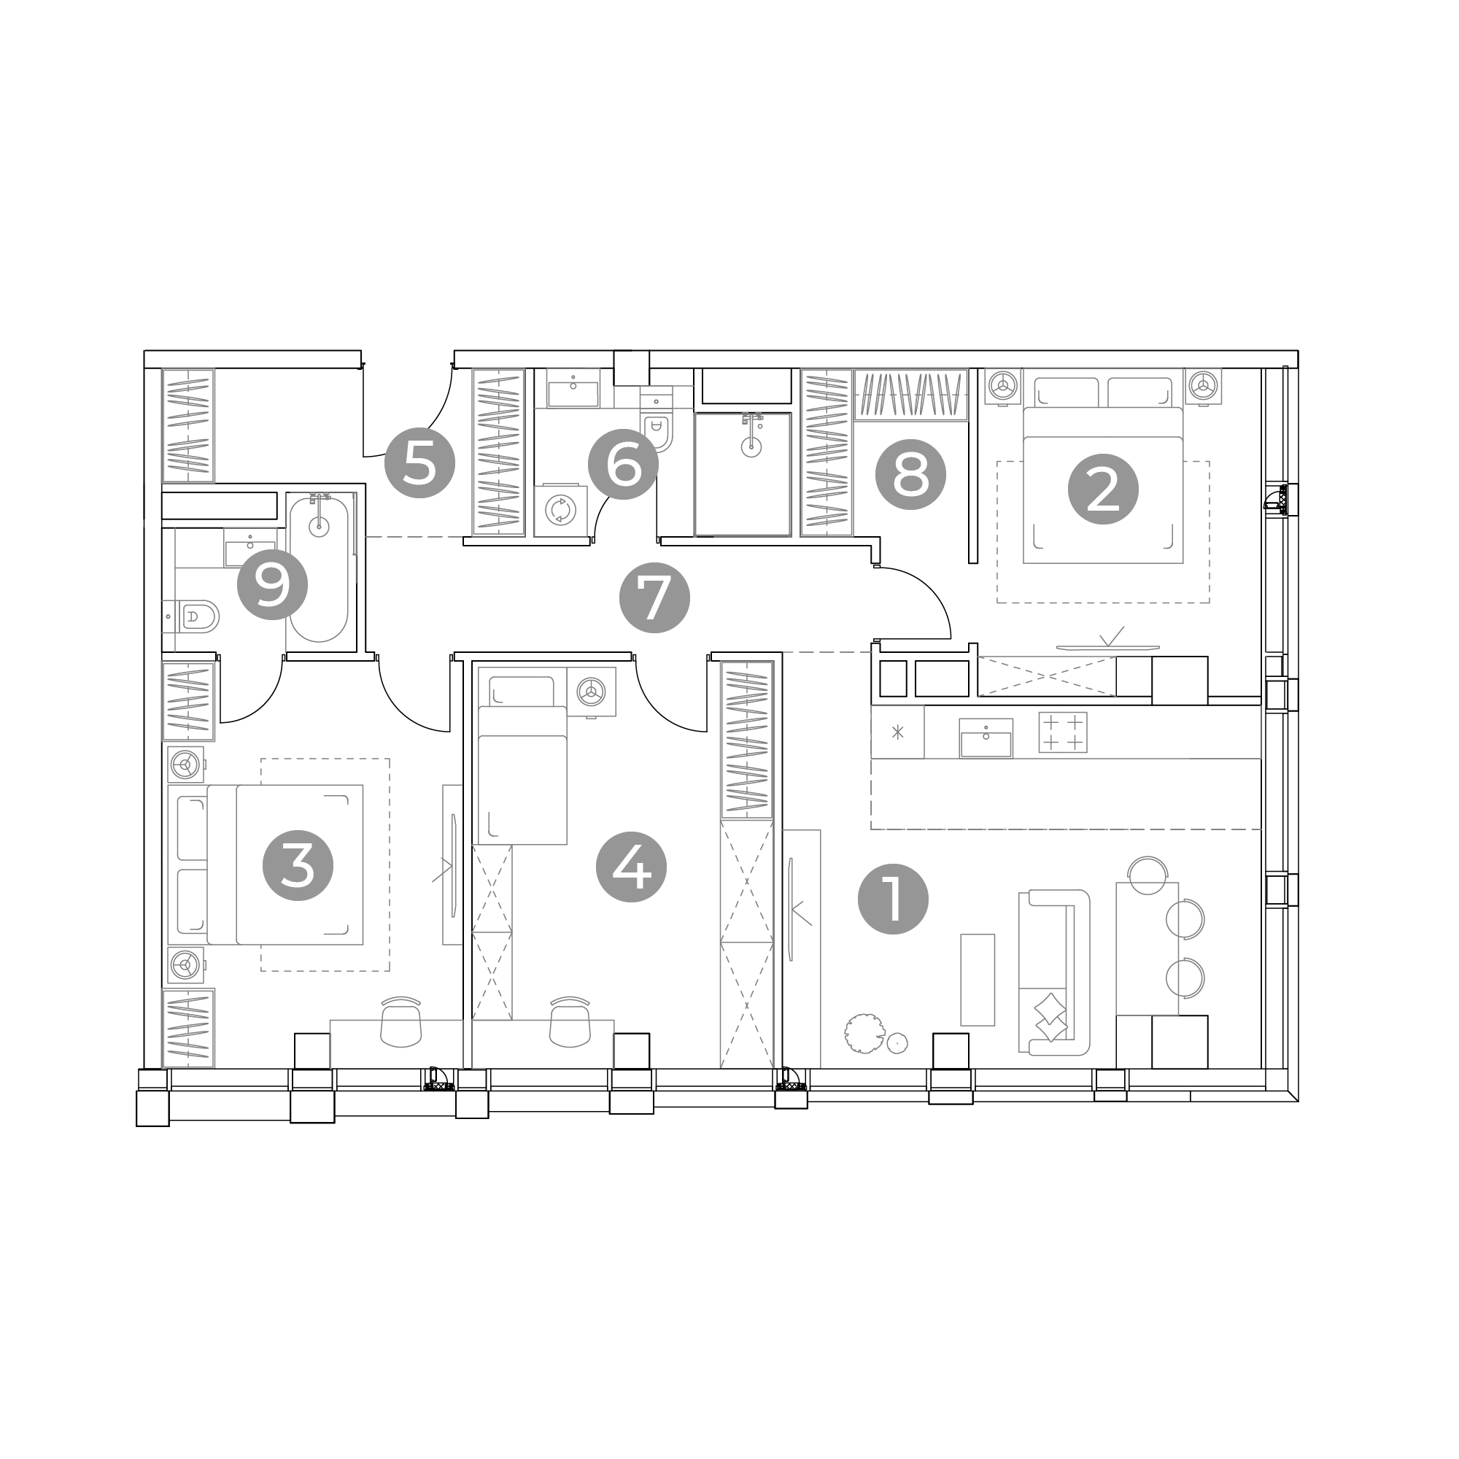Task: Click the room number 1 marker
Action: pos(894,899)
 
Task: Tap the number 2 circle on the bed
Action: pos(1103,489)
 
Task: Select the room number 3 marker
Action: pos(298,865)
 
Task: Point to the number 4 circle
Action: pos(631,867)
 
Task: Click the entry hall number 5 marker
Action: pos(420,463)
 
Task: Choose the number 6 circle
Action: pos(623,465)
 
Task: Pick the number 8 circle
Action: pos(910,474)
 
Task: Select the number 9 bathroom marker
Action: pos(273,585)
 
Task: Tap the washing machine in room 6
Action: pos(560,510)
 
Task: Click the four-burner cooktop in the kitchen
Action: pos(1063,732)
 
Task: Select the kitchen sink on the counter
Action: pos(986,738)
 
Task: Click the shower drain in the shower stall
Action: pos(751,447)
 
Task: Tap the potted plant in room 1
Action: pos(864,1033)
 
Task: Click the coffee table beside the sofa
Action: pos(978,980)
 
